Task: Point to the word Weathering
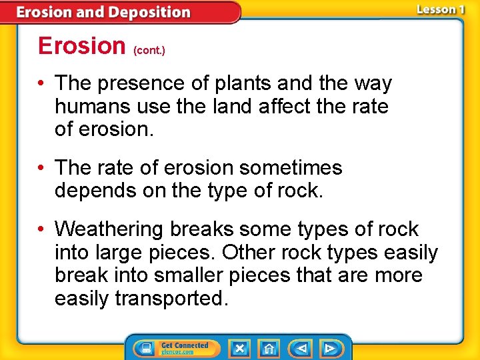pos(110,229)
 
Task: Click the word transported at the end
pos(171,299)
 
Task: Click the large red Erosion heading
pos(82,46)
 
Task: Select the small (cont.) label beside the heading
pos(149,50)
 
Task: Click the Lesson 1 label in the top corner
pos(440,9)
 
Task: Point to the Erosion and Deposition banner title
pos(103,12)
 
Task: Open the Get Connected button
pos(174,349)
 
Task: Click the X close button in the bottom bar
pos(239,349)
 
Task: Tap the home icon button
pos(269,349)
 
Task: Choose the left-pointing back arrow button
pos(301,349)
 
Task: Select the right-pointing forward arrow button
pos(329,349)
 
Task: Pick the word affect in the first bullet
pos(293,107)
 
